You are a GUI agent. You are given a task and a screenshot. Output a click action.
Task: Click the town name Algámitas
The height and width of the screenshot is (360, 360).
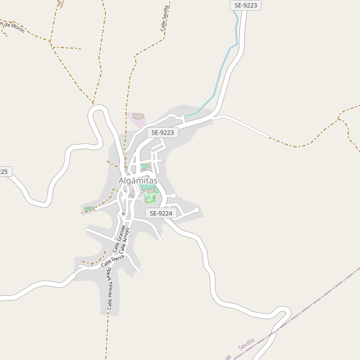click(x=138, y=180)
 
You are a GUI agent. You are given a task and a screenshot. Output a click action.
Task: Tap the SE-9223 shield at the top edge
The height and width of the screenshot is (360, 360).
click(x=245, y=5)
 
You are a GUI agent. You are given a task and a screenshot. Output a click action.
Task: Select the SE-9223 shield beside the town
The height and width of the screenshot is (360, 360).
click(x=163, y=133)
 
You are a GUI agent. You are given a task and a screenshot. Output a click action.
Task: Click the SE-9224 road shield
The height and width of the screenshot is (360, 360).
click(x=161, y=213)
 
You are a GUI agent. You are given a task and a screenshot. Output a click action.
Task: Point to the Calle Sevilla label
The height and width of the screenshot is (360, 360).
click(x=164, y=19)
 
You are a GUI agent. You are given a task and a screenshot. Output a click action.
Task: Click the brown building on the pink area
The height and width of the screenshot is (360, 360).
click(x=139, y=116)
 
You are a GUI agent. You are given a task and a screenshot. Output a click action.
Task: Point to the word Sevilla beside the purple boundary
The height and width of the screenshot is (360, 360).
click(x=246, y=344)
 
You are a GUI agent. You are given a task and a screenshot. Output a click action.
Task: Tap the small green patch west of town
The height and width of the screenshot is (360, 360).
click(x=89, y=209)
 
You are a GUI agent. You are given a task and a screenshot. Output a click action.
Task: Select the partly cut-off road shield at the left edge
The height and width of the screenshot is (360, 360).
click(x=4, y=172)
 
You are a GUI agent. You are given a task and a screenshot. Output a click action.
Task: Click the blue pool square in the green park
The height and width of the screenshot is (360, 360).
click(x=150, y=198)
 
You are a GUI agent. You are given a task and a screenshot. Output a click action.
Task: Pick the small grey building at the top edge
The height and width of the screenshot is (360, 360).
click(x=61, y=5)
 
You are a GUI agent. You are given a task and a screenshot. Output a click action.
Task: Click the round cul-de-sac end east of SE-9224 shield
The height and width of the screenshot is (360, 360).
click(x=196, y=210)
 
